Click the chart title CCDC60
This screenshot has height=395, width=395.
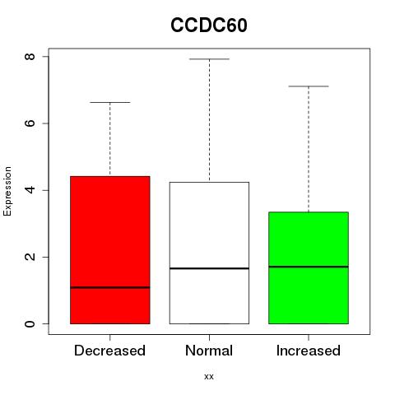click(209, 26)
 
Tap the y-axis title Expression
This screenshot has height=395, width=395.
click(7, 191)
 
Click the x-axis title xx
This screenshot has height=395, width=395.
click(209, 376)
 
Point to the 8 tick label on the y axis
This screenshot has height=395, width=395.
click(30, 57)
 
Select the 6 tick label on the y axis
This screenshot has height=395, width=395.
click(30, 123)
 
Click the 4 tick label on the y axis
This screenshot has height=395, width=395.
click(30, 190)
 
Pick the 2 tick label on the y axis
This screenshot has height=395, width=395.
click(30, 257)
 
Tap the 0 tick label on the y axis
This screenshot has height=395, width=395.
click(30, 323)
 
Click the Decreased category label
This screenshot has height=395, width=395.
click(109, 351)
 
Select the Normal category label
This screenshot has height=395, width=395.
click(209, 351)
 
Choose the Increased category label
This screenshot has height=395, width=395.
click(309, 351)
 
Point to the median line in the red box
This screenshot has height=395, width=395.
click(110, 287)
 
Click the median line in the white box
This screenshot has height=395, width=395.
click(209, 268)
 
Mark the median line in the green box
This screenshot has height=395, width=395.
click(309, 267)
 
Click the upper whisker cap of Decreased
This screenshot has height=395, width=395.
click(110, 102)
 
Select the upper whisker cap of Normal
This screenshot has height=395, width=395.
click(209, 59)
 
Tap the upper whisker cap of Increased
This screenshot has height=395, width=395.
click(309, 86)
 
